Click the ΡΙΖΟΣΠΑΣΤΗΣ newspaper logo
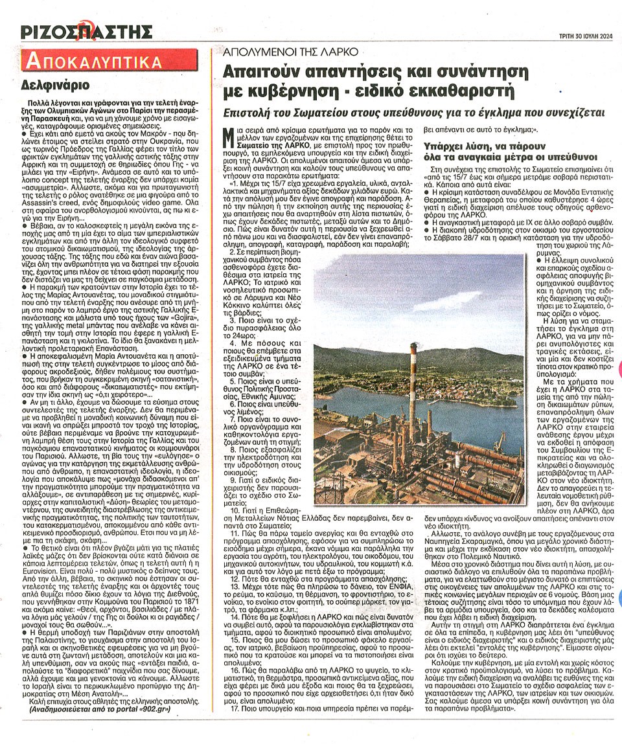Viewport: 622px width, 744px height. point(87,31)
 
